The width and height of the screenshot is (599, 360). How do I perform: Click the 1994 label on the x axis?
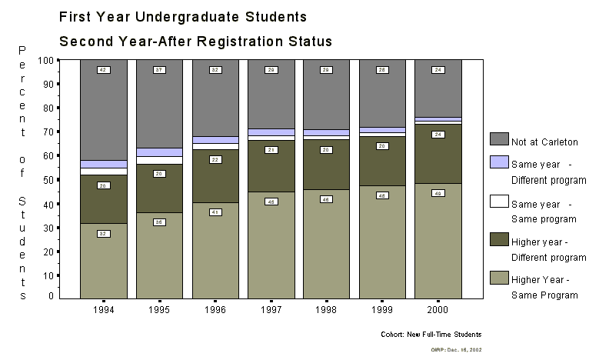103,310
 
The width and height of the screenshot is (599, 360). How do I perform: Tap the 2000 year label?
438,310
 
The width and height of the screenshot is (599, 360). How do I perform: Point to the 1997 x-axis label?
271,310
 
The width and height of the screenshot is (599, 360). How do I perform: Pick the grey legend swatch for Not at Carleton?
499,138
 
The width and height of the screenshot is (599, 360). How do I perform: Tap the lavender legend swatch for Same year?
499,162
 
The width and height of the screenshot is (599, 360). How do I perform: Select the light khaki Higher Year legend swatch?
499,278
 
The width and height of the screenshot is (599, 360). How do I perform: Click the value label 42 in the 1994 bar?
103,70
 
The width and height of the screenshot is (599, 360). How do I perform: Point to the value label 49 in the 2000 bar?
438,193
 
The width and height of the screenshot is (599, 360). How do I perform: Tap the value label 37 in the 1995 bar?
159,70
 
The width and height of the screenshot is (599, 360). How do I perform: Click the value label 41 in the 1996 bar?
215,212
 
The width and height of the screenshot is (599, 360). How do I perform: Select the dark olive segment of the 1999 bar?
382,162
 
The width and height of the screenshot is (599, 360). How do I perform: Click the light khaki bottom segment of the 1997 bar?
271,246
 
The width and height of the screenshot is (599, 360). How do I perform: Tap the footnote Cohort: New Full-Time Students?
431,335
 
